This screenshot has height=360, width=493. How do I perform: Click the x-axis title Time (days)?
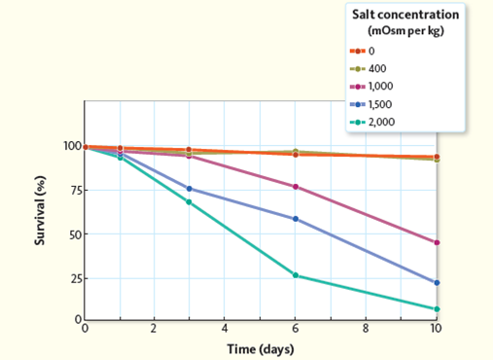260,349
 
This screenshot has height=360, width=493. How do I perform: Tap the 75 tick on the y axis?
71,191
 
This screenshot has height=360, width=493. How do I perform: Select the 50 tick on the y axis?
71,234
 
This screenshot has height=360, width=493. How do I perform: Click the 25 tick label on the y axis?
71,278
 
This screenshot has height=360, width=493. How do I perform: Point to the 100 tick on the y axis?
68,147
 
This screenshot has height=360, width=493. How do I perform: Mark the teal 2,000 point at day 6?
296,275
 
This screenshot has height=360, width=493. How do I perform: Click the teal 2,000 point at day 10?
437,309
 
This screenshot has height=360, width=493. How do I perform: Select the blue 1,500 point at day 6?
296,219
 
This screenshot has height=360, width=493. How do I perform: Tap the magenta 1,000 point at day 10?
437,242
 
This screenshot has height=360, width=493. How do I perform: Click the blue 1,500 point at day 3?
189,189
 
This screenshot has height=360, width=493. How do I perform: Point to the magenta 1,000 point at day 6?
296,187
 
